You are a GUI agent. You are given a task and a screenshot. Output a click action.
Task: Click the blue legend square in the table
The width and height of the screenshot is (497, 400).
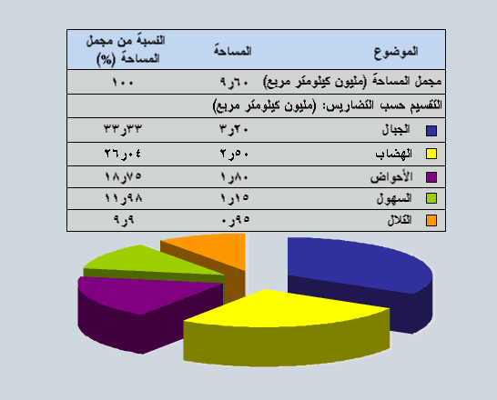pos(431,131)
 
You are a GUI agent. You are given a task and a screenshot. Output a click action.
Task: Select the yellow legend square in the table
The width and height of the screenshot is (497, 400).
pos(431,154)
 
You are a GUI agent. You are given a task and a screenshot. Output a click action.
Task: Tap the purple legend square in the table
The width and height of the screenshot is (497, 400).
pos(431,177)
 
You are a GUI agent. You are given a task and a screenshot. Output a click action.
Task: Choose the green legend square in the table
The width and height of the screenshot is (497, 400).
pos(431,198)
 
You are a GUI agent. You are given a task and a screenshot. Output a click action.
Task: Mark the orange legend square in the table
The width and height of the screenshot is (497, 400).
pos(431,221)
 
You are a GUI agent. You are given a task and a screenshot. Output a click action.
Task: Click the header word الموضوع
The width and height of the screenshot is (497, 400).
pos(396,52)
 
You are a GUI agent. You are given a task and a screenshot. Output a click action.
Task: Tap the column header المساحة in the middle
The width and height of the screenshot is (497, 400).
pos(233,51)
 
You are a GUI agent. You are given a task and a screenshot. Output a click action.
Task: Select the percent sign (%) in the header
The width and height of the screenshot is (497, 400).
pos(106,59)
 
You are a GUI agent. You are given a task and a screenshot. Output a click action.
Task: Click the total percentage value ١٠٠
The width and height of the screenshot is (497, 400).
pos(123,83)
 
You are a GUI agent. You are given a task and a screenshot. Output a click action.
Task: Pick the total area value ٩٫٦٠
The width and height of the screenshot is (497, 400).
pos(234,83)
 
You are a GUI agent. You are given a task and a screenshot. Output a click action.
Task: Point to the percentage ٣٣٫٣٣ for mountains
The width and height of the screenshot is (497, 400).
pos(123,129)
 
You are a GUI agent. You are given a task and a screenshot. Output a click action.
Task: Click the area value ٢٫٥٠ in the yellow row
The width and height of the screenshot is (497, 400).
pos(234,154)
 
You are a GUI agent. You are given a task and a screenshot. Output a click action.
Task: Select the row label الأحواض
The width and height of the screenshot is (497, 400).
pos(391,176)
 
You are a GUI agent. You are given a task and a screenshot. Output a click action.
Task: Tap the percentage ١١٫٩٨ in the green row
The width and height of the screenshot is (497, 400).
pos(123,198)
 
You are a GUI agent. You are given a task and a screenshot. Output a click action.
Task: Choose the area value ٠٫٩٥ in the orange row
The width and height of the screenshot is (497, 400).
pos(235,219)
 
